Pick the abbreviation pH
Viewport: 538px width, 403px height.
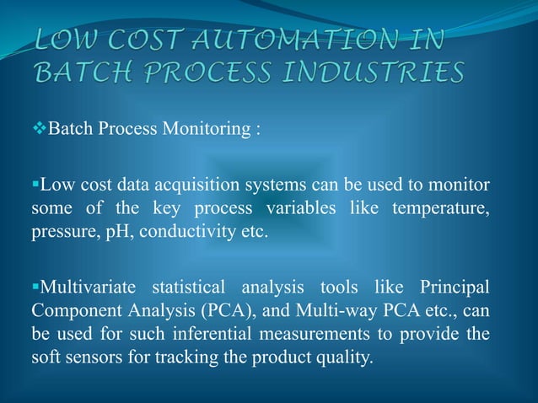coord(114,230)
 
